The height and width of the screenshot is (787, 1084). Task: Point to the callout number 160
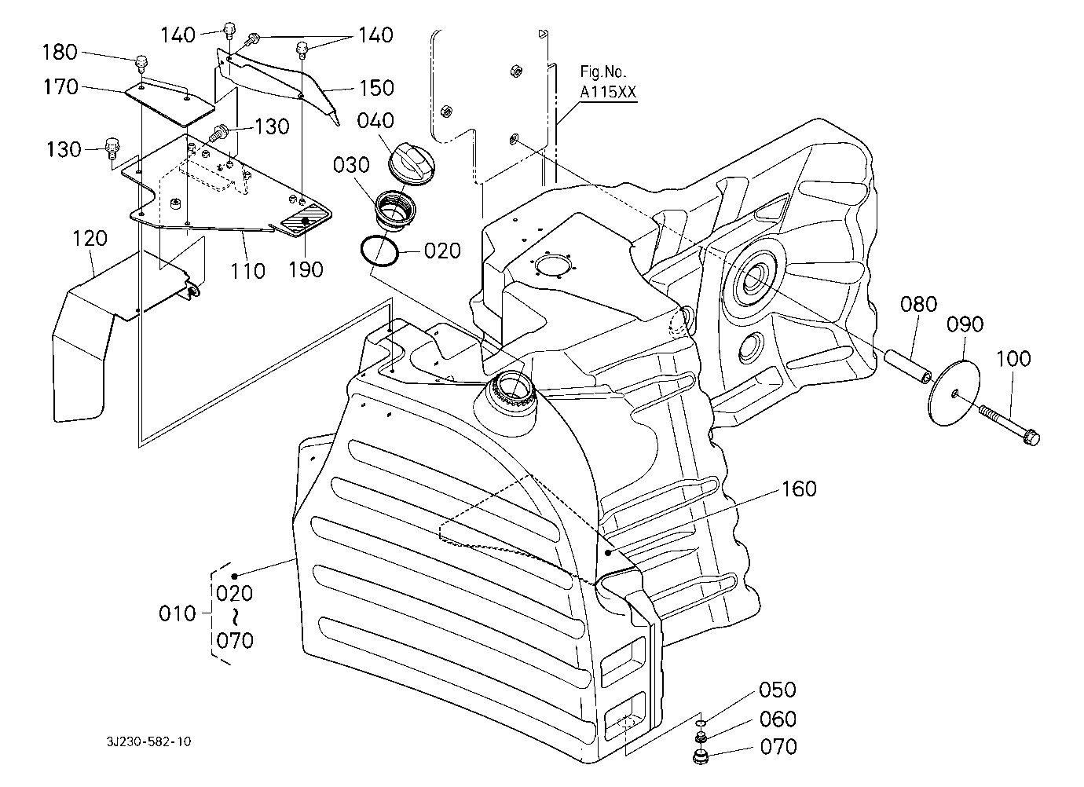tap(799, 489)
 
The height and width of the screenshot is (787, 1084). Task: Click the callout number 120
tap(91, 239)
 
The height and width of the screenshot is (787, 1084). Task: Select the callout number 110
tap(248, 270)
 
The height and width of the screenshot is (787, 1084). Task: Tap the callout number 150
tap(376, 87)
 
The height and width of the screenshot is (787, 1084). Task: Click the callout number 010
tap(177, 613)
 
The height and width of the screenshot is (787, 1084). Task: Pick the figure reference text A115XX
tap(608, 92)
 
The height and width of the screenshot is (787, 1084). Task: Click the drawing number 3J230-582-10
tap(151, 741)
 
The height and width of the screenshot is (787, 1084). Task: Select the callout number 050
tap(778, 690)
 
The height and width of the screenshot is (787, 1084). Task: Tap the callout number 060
tap(778, 719)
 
